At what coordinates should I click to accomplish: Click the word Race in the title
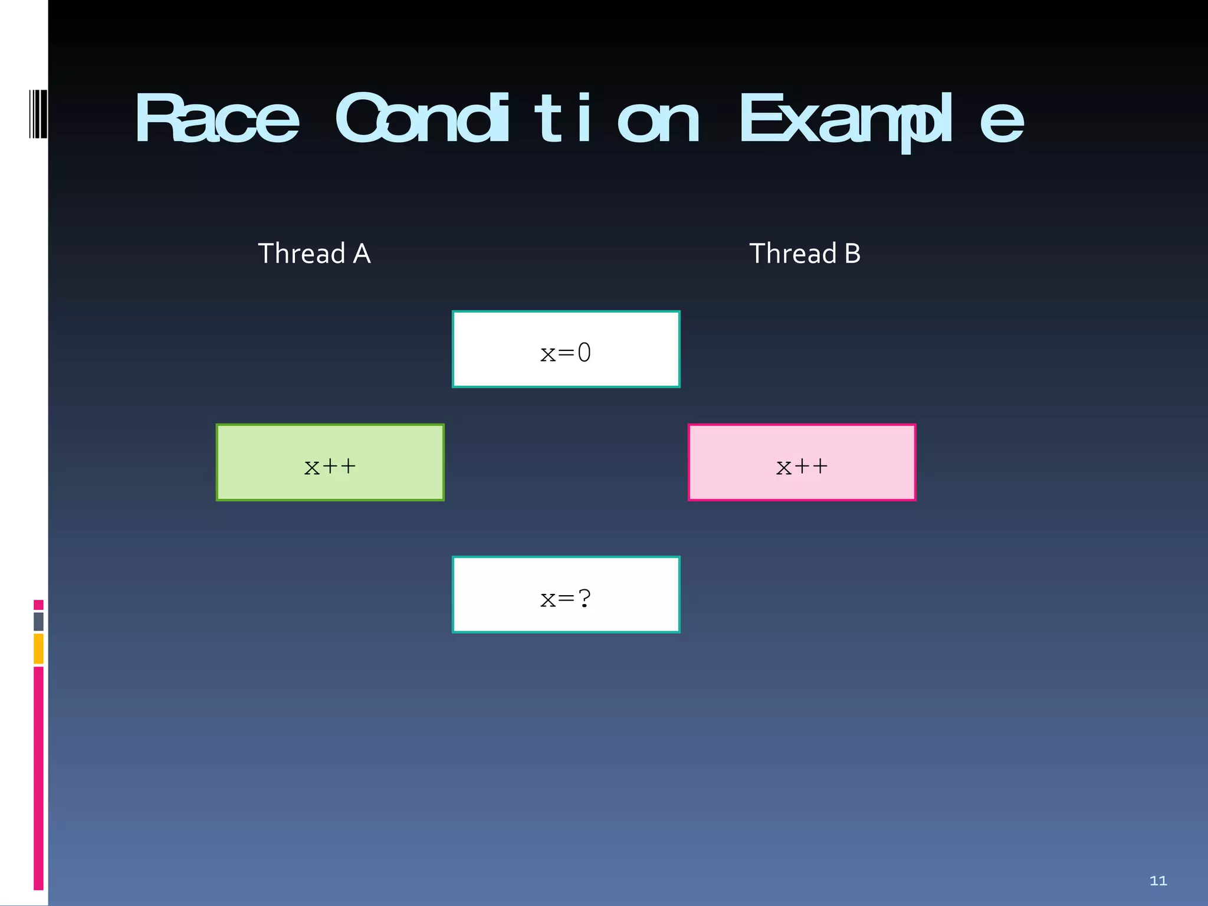(217, 119)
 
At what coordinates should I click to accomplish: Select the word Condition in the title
(517, 119)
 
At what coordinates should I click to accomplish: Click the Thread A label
(314, 254)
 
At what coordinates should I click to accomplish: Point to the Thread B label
(805, 254)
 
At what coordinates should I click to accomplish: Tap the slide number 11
(1158, 881)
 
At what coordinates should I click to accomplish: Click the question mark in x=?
(585, 598)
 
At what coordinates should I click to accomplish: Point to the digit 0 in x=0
(584, 353)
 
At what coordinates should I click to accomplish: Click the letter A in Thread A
(362, 254)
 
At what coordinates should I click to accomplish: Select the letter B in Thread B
(852, 254)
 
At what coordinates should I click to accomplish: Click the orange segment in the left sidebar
(38, 648)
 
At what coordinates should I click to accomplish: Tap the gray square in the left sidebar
(38, 621)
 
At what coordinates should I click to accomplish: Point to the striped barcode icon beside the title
(38, 114)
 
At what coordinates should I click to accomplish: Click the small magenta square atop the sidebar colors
(38, 605)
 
